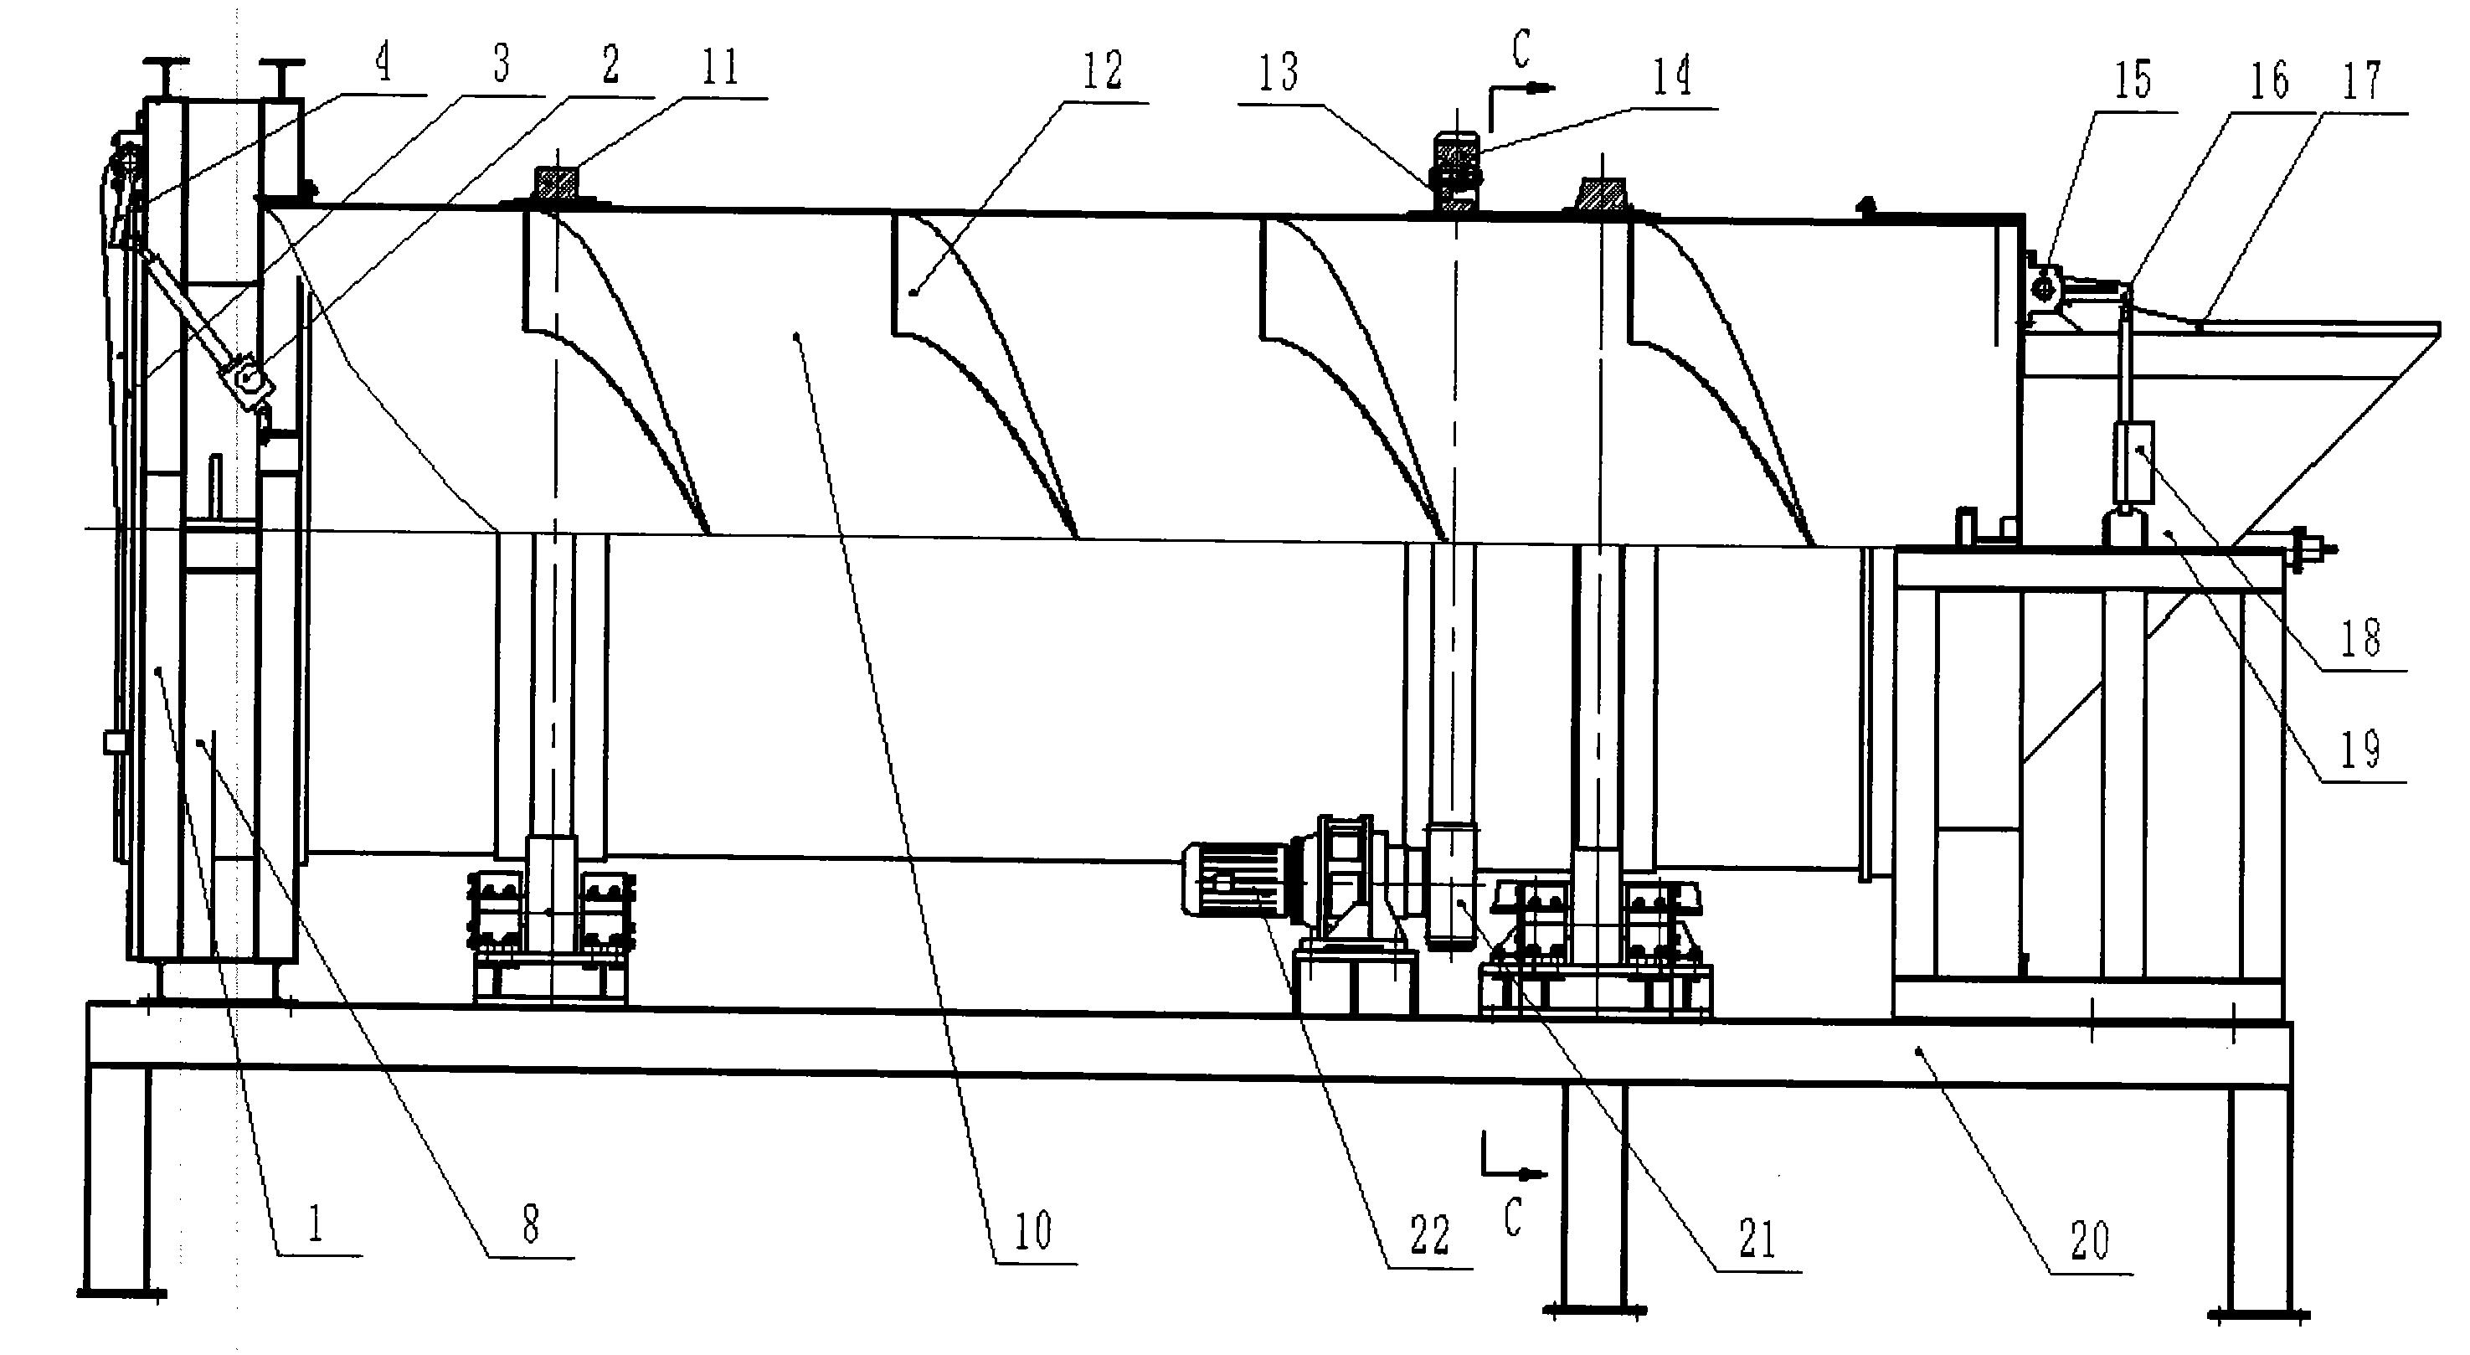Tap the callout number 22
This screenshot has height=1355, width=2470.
[x=1428, y=1236]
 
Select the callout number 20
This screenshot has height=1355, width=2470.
[x=2091, y=1241]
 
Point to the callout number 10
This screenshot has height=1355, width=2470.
[x=1032, y=1230]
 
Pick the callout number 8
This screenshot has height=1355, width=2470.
[x=530, y=1223]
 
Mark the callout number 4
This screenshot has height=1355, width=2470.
[x=383, y=64]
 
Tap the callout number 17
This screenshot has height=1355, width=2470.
[x=2363, y=81]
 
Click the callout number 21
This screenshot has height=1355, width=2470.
[x=1757, y=1239]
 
